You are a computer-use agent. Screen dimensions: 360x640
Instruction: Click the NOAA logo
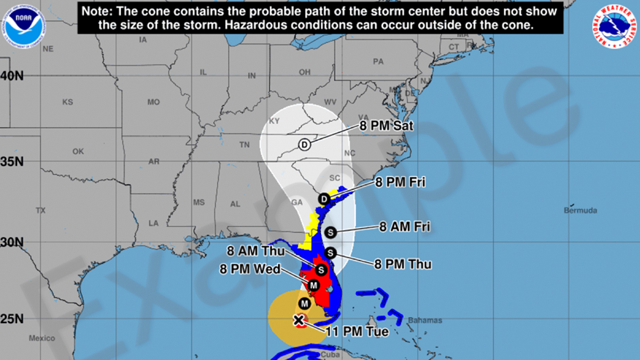(x=24, y=26)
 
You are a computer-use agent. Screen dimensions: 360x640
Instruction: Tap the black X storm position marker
(x=299, y=320)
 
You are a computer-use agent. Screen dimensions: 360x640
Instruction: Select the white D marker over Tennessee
(x=304, y=145)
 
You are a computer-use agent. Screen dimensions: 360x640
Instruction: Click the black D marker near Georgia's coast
(x=324, y=199)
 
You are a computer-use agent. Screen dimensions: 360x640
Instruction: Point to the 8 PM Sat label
(x=386, y=126)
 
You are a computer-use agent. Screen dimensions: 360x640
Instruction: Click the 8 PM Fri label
(x=400, y=182)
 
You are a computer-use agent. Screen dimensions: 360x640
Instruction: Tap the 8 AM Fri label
(x=405, y=227)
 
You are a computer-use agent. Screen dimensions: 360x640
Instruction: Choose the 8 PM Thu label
(x=403, y=264)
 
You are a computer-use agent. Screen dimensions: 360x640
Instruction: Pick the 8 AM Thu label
(x=256, y=251)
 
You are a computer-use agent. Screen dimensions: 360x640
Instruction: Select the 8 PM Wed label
(x=250, y=269)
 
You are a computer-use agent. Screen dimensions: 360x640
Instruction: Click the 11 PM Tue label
(x=357, y=332)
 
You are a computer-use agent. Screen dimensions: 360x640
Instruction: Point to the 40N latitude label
(x=12, y=76)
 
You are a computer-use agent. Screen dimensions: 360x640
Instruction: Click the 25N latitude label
(x=12, y=319)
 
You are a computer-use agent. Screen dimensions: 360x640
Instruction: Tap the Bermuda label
(x=580, y=210)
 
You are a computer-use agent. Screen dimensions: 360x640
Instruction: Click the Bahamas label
(x=425, y=320)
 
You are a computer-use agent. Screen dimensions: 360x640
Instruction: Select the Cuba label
(x=330, y=355)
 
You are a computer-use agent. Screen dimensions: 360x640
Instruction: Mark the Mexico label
(x=42, y=338)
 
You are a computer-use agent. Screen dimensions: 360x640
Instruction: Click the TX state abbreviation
(x=40, y=211)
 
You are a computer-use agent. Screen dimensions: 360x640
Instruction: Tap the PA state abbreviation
(x=378, y=62)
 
